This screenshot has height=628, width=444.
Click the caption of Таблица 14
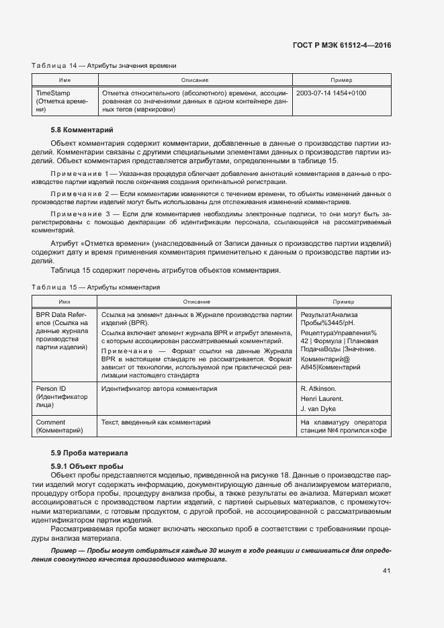pos(104,66)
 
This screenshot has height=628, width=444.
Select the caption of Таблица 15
pos(95,287)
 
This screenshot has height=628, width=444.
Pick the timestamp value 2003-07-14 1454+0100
pos(331,93)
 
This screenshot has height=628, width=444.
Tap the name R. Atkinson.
pos(318,389)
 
